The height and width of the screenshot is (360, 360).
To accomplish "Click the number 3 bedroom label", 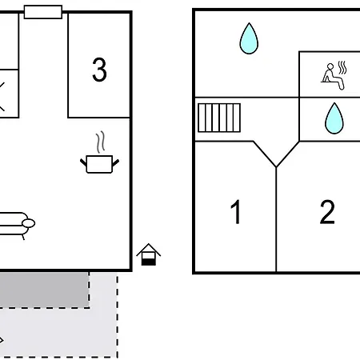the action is point(99,70).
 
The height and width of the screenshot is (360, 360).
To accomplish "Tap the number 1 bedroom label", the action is point(236,212).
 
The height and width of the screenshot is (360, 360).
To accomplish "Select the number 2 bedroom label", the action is point(327,212).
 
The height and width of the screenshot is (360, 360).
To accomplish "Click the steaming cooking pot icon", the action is point(99,153).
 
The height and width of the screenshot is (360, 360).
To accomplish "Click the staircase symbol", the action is point(219,118).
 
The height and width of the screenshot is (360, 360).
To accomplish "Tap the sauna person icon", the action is point(334,76).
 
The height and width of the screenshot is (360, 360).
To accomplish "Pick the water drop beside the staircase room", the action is point(249,38).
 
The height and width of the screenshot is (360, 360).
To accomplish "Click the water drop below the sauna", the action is point(334,118).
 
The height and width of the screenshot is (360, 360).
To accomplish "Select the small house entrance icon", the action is point(149,254).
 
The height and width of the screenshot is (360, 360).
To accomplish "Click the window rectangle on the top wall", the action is point(43,12).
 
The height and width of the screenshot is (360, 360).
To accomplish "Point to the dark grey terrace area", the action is point(44,290).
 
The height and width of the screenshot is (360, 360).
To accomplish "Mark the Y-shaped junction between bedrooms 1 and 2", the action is point(276,167).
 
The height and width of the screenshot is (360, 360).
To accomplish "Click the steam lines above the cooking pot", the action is point(100,142).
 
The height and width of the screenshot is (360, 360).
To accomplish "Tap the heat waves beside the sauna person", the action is point(342,68).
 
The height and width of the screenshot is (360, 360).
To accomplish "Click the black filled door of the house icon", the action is point(149,262).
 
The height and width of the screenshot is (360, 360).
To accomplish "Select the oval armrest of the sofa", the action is point(28,223).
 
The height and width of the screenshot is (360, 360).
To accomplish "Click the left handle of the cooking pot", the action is point(83,162).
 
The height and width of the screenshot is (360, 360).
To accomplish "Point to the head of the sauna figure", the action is point(330,66).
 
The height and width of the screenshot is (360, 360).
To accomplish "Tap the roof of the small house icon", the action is point(149,250).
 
